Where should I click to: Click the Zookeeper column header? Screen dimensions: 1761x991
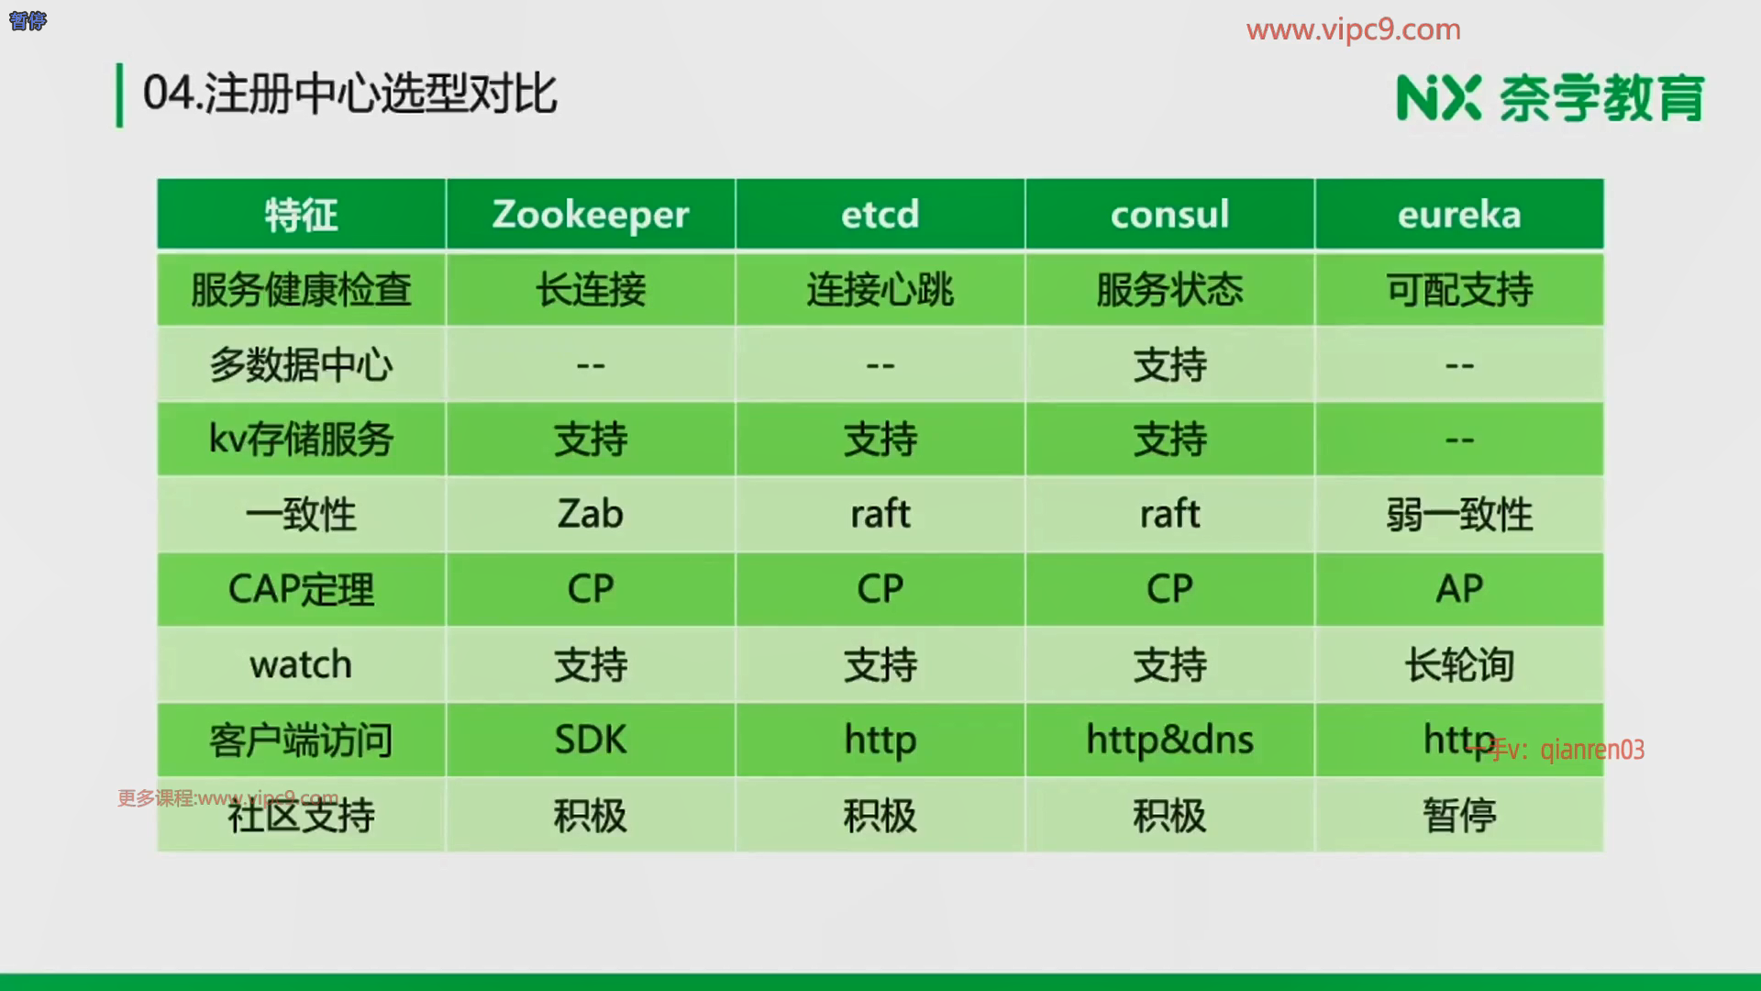point(591,215)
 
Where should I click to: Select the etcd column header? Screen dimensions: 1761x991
point(880,215)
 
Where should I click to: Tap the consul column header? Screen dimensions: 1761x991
point(1169,215)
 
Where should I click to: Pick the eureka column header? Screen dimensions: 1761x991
point(1459,215)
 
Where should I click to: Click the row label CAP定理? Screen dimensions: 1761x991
point(301,589)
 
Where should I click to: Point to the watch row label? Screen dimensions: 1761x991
point(301,664)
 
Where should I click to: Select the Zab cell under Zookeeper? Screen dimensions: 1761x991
point(591,514)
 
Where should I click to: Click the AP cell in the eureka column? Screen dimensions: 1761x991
point(1459,589)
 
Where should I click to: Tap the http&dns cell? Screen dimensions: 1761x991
point(1169,740)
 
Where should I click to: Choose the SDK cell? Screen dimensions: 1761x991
point(591,740)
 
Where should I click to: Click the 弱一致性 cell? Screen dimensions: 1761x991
point(1459,514)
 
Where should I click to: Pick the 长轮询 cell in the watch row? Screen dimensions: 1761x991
point(1459,664)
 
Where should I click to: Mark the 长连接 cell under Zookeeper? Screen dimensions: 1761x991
point(591,290)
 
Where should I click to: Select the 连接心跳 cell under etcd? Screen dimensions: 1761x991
point(880,290)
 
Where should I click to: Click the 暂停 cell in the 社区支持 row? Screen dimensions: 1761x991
point(1459,815)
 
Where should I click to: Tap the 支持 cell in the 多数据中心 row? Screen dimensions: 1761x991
point(1169,365)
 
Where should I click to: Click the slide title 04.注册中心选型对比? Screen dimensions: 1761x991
point(350,94)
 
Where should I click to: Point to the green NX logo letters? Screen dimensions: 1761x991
point(1438,98)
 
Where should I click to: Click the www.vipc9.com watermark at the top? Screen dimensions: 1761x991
point(1354,29)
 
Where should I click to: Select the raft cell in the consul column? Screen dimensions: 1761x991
point(1169,514)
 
